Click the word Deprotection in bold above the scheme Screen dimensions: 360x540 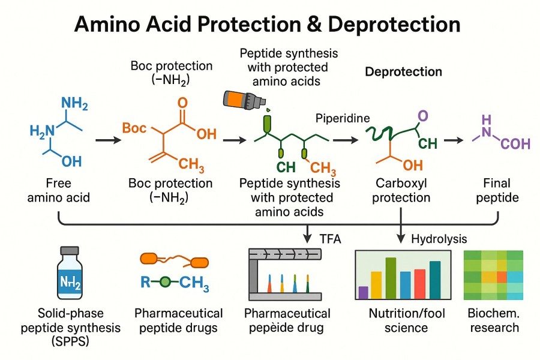coord(404,72)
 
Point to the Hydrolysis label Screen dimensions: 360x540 coord(439,239)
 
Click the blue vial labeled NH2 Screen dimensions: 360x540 coord(70,275)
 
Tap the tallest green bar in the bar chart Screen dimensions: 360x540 coord(391,278)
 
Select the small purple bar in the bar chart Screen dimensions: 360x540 coord(363,292)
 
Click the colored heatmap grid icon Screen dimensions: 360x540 coord(493,275)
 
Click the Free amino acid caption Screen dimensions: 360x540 coord(58,190)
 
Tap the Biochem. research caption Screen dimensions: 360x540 coord(494,320)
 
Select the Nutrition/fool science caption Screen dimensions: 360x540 coord(398,320)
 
